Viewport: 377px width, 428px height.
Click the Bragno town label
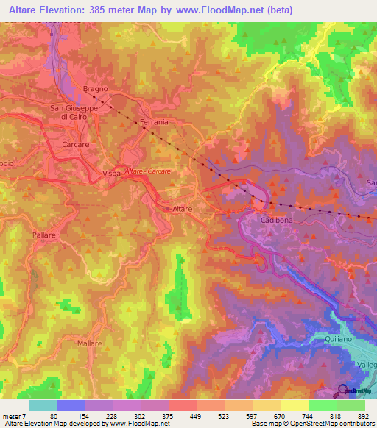pos(96,89)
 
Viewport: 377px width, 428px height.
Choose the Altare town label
pos(182,210)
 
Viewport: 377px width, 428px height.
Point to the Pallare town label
pos(44,233)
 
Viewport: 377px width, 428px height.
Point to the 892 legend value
pos(364,416)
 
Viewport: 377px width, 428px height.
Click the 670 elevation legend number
pos(280,416)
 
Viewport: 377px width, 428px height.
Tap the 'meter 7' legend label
pos(13,416)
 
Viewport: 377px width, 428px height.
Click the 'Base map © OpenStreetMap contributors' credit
pos(311,424)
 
